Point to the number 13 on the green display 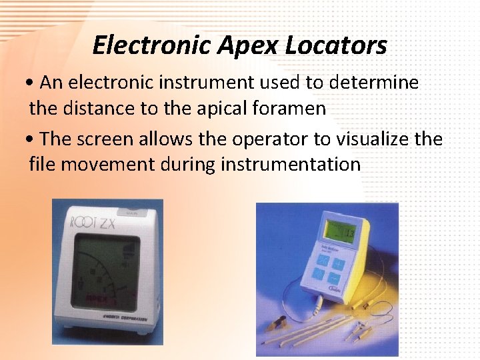(349, 233)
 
